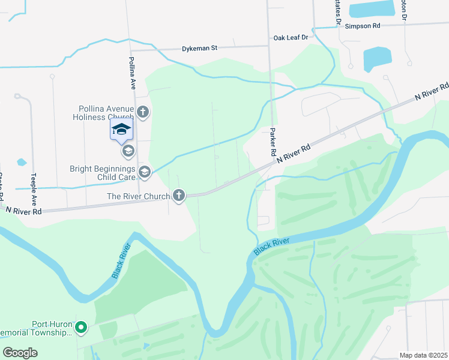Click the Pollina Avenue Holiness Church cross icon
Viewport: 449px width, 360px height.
(x=143, y=112)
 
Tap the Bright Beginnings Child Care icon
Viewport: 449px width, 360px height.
(x=144, y=173)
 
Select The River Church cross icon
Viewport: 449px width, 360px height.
(x=178, y=195)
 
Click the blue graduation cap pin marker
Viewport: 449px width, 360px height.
(x=121, y=129)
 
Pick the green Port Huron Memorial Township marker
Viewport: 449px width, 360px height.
(x=81, y=328)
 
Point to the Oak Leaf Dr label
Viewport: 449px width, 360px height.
(x=291, y=37)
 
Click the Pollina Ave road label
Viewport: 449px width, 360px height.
(x=132, y=73)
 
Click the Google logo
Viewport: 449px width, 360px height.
(x=20, y=353)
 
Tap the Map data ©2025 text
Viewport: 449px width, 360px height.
(x=423, y=355)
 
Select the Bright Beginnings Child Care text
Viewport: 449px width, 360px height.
(x=104, y=173)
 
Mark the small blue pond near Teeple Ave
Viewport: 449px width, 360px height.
(x=22, y=162)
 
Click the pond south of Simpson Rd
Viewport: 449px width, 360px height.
(x=376, y=59)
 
